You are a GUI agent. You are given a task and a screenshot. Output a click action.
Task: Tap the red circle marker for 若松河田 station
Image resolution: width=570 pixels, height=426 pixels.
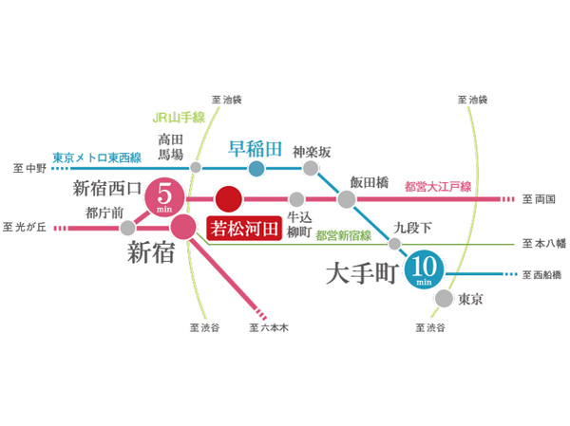pyautogui.click(x=229, y=199)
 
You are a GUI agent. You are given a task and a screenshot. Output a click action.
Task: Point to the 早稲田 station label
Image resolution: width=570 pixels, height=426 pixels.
pyautogui.click(x=256, y=149)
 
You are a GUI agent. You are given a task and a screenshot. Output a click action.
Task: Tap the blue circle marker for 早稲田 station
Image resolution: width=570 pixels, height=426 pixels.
pyautogui.click(x=256, y=169)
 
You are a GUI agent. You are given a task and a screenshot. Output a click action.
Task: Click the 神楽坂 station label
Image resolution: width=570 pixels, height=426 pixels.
pyautogui.click(x=311, y=150)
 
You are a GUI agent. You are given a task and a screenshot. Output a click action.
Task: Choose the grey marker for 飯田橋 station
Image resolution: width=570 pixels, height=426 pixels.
pyautogui.click(x=346, y=199)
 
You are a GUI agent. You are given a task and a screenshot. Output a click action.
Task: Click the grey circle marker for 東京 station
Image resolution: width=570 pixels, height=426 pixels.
pyautogui.click(x=444, y=299)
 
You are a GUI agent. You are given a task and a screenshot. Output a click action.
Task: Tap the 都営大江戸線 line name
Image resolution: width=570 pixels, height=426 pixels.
pyautogui.click(x=438, y=186)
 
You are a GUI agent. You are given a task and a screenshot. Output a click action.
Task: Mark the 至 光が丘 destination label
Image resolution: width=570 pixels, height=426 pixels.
pyautogui.click(x=26, y=228)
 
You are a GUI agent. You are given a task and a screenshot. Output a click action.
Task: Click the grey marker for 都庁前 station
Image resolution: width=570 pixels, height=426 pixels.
pyautogui.click(x=126, y=228)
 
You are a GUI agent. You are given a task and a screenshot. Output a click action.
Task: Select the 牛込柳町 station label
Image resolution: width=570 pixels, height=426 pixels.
pyautogui.click(x=297, y=223)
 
